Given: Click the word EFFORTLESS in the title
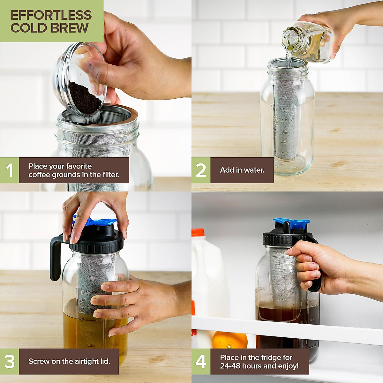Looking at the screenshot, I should coord(51,15).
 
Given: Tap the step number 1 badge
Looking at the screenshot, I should coord(9,170).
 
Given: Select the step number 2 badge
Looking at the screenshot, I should coord(201,170).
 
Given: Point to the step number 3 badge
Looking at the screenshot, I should coord(9,361).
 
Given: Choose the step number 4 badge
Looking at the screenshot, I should coord(201,361).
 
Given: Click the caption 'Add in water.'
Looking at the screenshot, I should coord(242,170).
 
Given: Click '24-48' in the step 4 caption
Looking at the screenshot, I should coord(230,366).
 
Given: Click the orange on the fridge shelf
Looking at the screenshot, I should coord(230,340).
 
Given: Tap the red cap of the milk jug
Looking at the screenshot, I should coord(198,232).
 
